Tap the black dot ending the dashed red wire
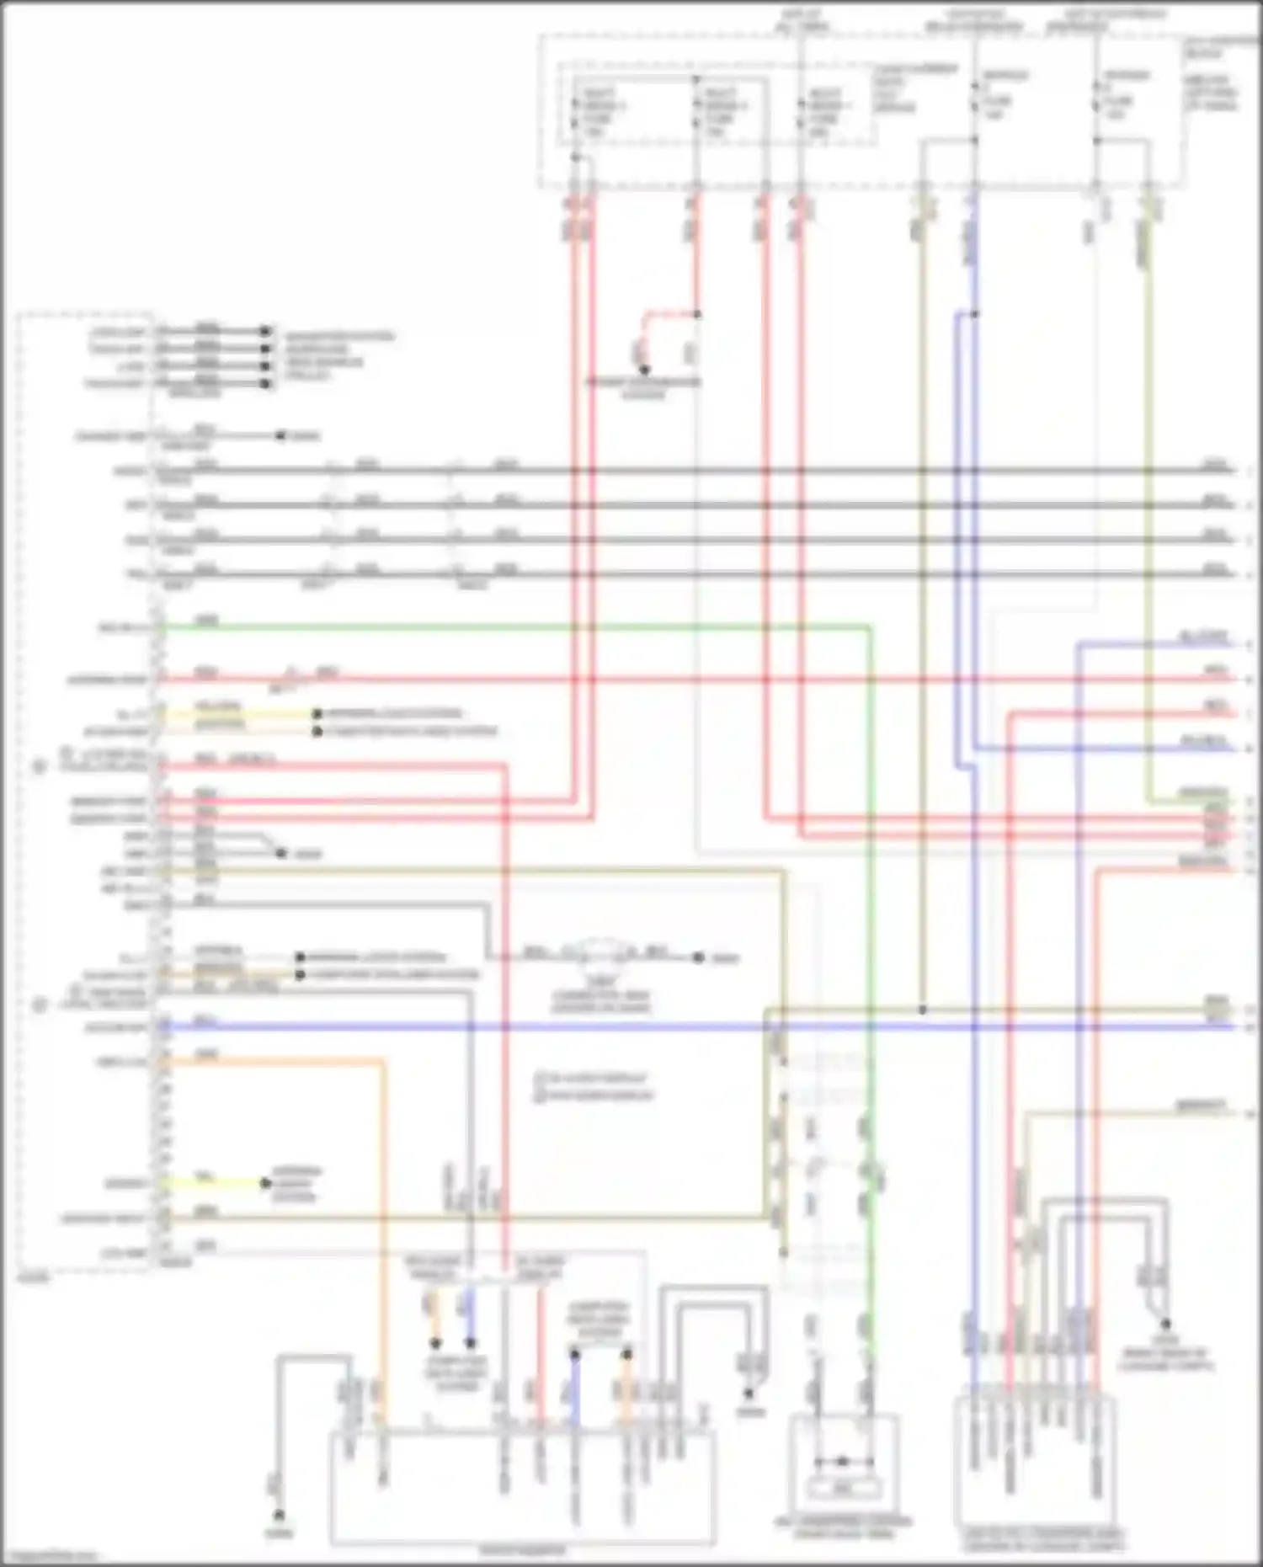point(644,370)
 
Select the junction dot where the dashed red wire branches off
point(697,315)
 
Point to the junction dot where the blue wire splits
point(975,315)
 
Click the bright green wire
point(505,626)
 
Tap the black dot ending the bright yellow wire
point(266,1183)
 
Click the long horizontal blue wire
point(589,1027)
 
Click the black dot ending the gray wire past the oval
point(698,957)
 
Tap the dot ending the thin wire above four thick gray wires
point(280,436)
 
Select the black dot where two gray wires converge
point(280,853)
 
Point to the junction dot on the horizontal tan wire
point(923,1009)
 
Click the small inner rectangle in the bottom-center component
point(842,1488)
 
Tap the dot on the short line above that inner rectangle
point(842,1462)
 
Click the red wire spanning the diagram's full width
point(674,679)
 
